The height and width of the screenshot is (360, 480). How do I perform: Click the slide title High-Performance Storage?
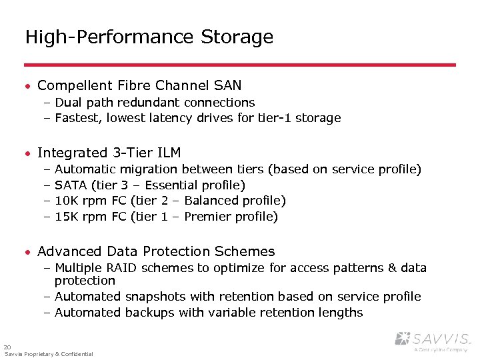coord(149,37)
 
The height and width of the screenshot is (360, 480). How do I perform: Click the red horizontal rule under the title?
coord(240,65)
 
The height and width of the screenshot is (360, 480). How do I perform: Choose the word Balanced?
coord(211,201)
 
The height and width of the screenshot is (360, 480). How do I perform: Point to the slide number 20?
coord(7,347)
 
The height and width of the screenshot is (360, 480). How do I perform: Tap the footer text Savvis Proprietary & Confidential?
coord(49,354)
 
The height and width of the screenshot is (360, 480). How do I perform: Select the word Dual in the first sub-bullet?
coord(69,102)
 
